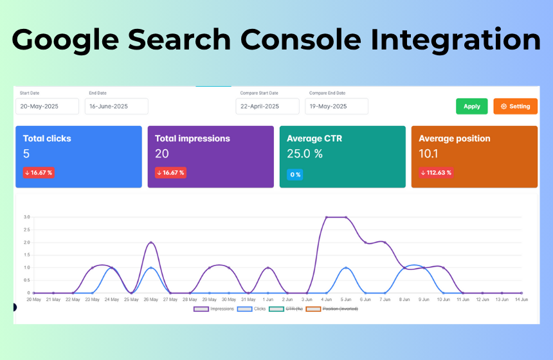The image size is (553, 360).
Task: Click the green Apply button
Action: coord(471,106)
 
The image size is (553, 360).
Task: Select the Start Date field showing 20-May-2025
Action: coord(47,106)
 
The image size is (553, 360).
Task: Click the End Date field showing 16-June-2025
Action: coord(116,106)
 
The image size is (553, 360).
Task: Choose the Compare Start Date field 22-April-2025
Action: coord(267,106)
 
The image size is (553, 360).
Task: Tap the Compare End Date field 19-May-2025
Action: coord(336,106)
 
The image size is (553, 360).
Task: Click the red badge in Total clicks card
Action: coord(39,173)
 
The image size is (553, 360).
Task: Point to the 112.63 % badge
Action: coord(436,173)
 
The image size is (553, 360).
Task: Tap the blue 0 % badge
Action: coord(295,174)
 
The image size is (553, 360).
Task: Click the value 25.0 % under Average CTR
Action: coord(305,154)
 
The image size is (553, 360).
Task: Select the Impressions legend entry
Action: coord(213,309)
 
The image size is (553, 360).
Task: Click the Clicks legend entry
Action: coord(251,309)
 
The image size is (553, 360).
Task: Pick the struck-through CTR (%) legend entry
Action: coord(286,309)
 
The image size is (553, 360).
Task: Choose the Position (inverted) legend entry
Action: coord(332,309)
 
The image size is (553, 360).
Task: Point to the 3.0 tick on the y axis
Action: coord(27,217)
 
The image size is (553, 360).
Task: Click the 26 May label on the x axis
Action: coord(150,300)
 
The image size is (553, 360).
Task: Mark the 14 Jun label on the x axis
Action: coord(521,300)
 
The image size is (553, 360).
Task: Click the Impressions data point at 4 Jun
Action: coord(326,217)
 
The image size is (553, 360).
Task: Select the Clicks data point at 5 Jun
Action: coord(346,268)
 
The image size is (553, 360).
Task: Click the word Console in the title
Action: coord(301,39)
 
